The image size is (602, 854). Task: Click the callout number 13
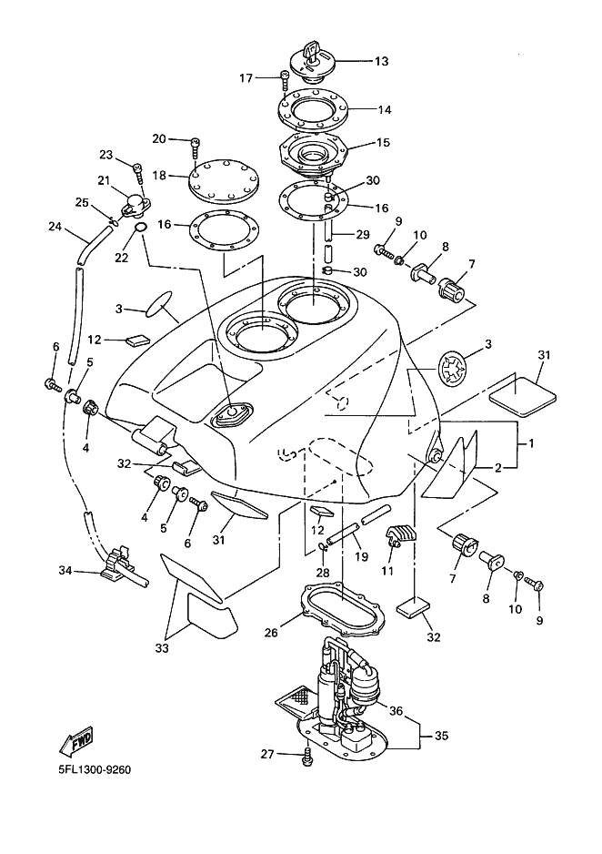tap(380, 62)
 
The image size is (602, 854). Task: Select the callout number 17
tap(246, 78)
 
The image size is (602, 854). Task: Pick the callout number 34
tap(65, 572)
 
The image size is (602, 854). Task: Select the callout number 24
tap(55, 227)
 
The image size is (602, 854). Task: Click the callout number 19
tap(361, 556)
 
